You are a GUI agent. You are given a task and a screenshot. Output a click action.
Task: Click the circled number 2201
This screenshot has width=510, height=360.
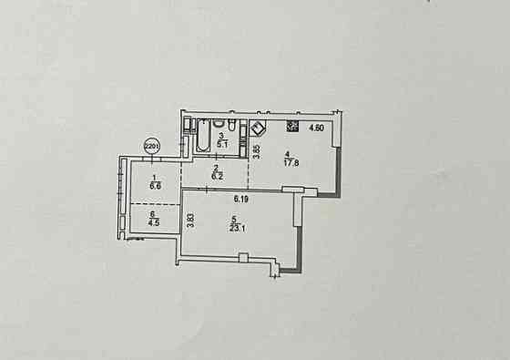(x=153, y=143)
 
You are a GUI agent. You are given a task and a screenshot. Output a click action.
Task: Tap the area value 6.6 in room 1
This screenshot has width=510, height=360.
(x=155, y=185)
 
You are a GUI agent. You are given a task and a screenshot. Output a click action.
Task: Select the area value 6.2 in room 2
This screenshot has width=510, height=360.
(x=217, y=177)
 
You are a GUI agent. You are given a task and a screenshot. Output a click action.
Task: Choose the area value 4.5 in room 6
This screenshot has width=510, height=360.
(x=155, y=221)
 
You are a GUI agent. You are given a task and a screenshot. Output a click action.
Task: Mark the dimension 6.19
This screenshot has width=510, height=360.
(x=241, y=198)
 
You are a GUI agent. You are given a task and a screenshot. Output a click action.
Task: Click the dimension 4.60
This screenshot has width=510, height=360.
(x=316, y=128)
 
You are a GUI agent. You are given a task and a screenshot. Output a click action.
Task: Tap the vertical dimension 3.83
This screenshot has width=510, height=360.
(x=190, y=221)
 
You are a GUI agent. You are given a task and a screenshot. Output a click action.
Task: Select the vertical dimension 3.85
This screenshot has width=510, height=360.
(x=257, y=153)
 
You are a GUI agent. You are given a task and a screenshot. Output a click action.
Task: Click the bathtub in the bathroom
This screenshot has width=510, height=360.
(x=199, y=137)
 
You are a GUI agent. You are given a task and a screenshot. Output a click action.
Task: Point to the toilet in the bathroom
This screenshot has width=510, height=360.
(x=233, y=126)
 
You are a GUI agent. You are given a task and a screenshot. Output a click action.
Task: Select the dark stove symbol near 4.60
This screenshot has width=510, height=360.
(x=292, y=127)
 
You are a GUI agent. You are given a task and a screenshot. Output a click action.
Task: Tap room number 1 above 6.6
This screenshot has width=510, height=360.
(x=155, y=178)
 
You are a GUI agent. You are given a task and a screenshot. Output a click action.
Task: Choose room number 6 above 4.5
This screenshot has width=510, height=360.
(x=154, y=213)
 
